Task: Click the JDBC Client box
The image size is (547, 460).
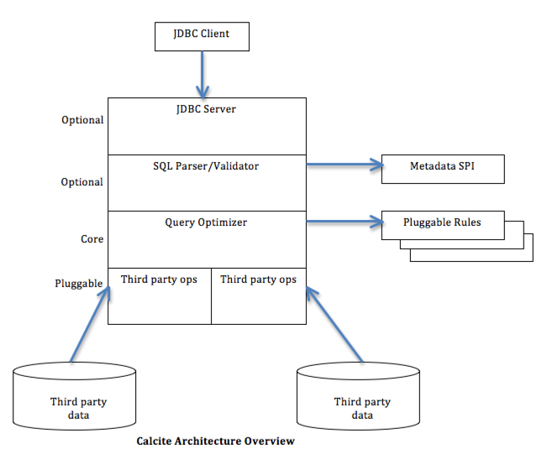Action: tap(202, 34)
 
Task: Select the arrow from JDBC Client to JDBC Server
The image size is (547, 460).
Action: tap(202, 73)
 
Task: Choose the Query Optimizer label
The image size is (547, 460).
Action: tap(206, 222)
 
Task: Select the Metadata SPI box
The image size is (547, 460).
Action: tap(443, 168)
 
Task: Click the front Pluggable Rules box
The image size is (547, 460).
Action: tap(443, 223)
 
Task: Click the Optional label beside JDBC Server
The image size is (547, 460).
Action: tap(82, 120)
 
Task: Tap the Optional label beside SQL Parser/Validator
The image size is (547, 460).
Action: tap(82, 182)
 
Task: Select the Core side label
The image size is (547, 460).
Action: tap(92, 239)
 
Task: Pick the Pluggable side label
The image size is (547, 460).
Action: tap(79, 284)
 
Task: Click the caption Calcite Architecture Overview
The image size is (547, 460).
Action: tap(216, 441)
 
